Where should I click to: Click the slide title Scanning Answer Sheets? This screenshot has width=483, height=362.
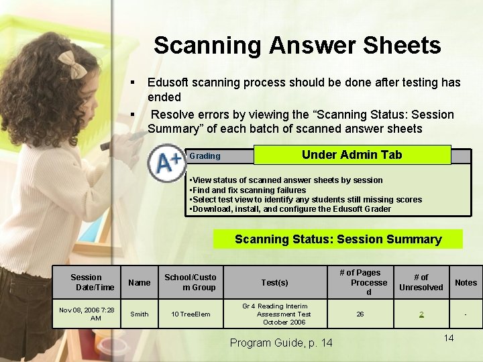[297, 46]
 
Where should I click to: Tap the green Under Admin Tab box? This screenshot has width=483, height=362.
[352, 155]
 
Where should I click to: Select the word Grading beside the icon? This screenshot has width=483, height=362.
[205, 156]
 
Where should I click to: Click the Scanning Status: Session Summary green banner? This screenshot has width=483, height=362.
[337, 239]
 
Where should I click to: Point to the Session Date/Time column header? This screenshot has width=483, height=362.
[87, 282]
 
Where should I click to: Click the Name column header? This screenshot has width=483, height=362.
[140, 282]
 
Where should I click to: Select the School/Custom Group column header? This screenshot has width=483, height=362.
[191, 282]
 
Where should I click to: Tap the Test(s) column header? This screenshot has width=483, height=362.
[274, 282]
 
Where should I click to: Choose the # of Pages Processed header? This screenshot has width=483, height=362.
[360, 282]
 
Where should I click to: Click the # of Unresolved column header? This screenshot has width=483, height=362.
[421, 282]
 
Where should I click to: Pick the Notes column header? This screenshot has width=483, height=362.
[466, 282]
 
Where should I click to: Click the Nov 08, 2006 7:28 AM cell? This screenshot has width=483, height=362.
[87, 314]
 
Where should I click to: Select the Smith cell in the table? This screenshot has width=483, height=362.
[140, 314]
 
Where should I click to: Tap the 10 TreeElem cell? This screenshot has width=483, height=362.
[191, 314]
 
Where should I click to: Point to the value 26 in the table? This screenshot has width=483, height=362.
[360, 314]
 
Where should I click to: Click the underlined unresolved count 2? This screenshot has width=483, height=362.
[421, 314]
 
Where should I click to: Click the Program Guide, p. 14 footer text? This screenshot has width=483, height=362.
[281, 343]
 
